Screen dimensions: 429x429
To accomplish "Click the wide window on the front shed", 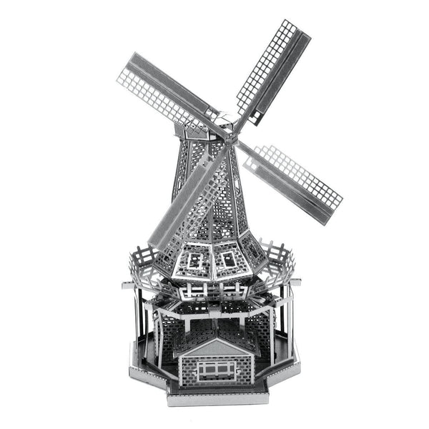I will point(217,370).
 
